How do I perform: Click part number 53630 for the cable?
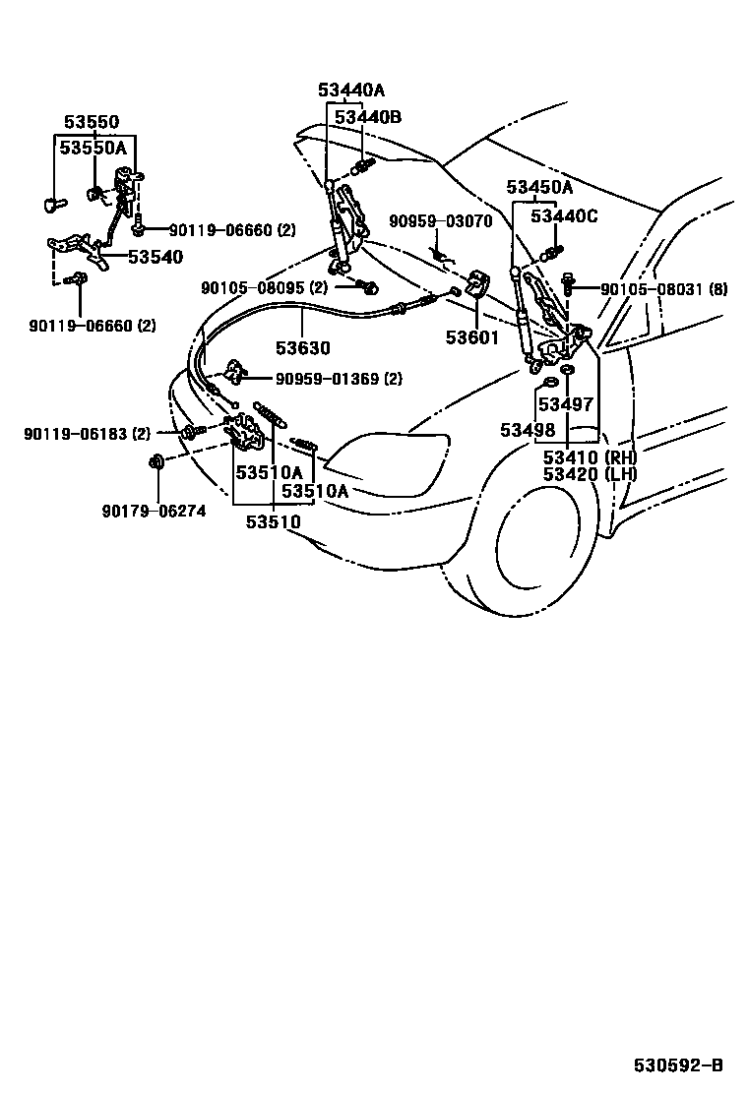tap(302, 348)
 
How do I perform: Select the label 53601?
tap(472, 337)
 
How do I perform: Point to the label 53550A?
tap(93, 148)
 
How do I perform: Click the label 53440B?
tap(368, 116)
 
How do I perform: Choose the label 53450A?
tap(539, 187)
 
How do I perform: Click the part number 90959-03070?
tap(440, 221)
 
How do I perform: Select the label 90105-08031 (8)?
tap(664, 289)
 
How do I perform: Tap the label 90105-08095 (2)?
tap(264, 288)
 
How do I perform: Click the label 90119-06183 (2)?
tap(88, 432)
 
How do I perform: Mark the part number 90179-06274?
tap(154, 511)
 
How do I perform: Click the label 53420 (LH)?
tap(591, 474)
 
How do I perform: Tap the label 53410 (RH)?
tap(591, 456)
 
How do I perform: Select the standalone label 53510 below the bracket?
tap(274, 522)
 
